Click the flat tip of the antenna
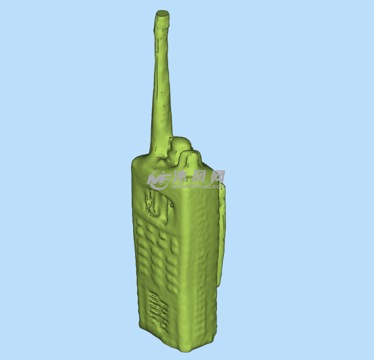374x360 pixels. (x=162, y=13)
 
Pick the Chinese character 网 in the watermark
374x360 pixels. (x=218, y=177)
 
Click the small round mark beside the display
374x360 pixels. (x=172, y=204)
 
